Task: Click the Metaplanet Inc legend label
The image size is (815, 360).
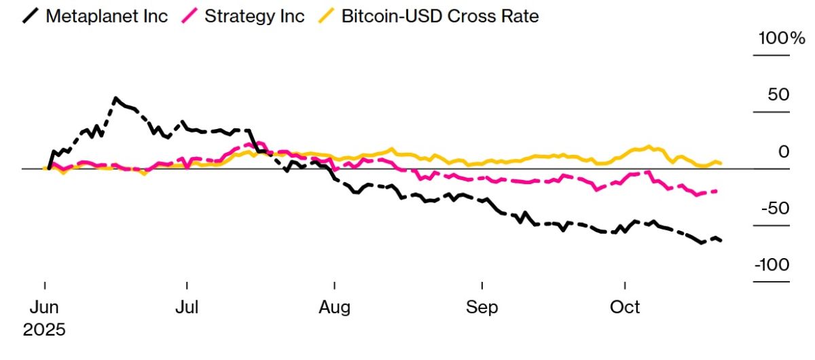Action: [107, 16]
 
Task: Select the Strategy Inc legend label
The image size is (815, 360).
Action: [255, 16]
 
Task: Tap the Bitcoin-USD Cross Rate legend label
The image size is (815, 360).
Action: [440, 16]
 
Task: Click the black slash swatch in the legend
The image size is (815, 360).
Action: [31, 16]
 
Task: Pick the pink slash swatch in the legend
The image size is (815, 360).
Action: [192, 16]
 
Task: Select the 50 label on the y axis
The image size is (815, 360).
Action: [779, 94]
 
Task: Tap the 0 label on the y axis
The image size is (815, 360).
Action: [784, 151]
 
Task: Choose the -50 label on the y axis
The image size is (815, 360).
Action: [776, 208]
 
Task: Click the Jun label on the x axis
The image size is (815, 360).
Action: [44, 307]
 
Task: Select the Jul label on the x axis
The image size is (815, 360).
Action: [187, 307]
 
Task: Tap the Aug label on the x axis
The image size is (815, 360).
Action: [335, 307]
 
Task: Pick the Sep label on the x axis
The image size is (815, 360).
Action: [482, 307]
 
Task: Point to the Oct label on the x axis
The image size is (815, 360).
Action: [625, 307]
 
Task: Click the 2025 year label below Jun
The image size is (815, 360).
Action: [44, 330]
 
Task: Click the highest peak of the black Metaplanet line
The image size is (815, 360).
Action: [115, 98]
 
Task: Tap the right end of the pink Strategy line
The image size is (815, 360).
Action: [717, 191]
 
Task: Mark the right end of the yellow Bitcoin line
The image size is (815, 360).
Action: [721, 163]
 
